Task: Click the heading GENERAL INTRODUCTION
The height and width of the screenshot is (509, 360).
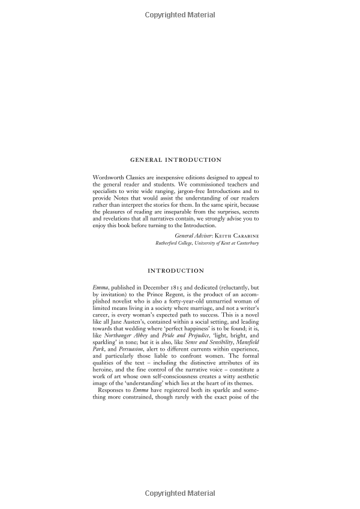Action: (176, 160)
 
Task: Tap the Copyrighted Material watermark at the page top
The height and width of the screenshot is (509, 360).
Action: (179, 13)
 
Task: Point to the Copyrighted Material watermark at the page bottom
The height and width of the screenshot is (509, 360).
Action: (179, 493)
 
